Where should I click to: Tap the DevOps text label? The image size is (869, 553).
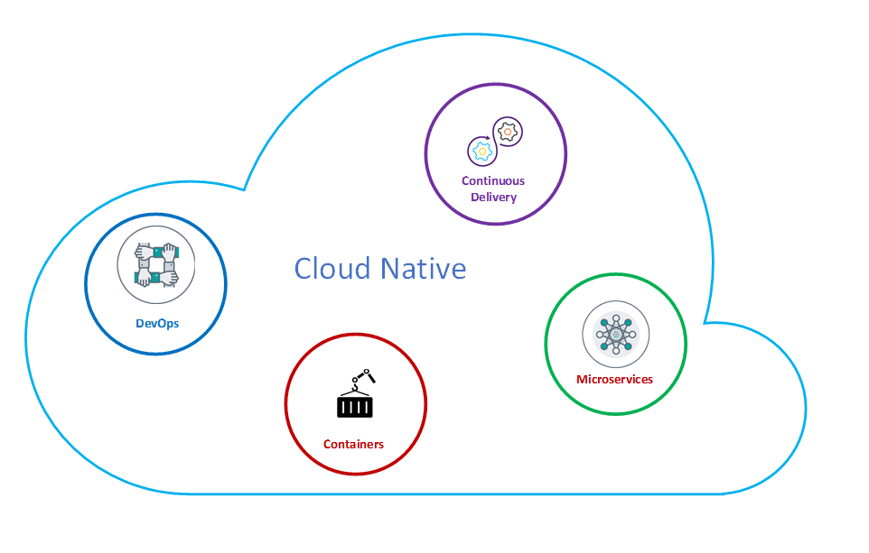[x=156, y=323]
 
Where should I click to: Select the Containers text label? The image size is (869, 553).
[x=353, y=444]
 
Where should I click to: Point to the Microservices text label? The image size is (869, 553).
[x=614, y=379]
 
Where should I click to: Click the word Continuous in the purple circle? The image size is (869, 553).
[x=493, y=180]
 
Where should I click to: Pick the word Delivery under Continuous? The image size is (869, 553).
[x=493, y=197]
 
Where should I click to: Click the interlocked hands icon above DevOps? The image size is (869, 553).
[x=156, y=265]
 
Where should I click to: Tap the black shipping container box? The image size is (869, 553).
[x=354, y=407]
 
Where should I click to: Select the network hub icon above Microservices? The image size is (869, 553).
[x=615, y=335]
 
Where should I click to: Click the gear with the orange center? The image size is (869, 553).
[x=508, y=132]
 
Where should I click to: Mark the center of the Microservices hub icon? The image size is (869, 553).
[x=615, y=335]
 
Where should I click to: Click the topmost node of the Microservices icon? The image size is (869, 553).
[x=615, y=318]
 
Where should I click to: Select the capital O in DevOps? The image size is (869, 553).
[x=159, y=323]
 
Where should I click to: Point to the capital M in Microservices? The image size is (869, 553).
[x=582, y=379]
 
